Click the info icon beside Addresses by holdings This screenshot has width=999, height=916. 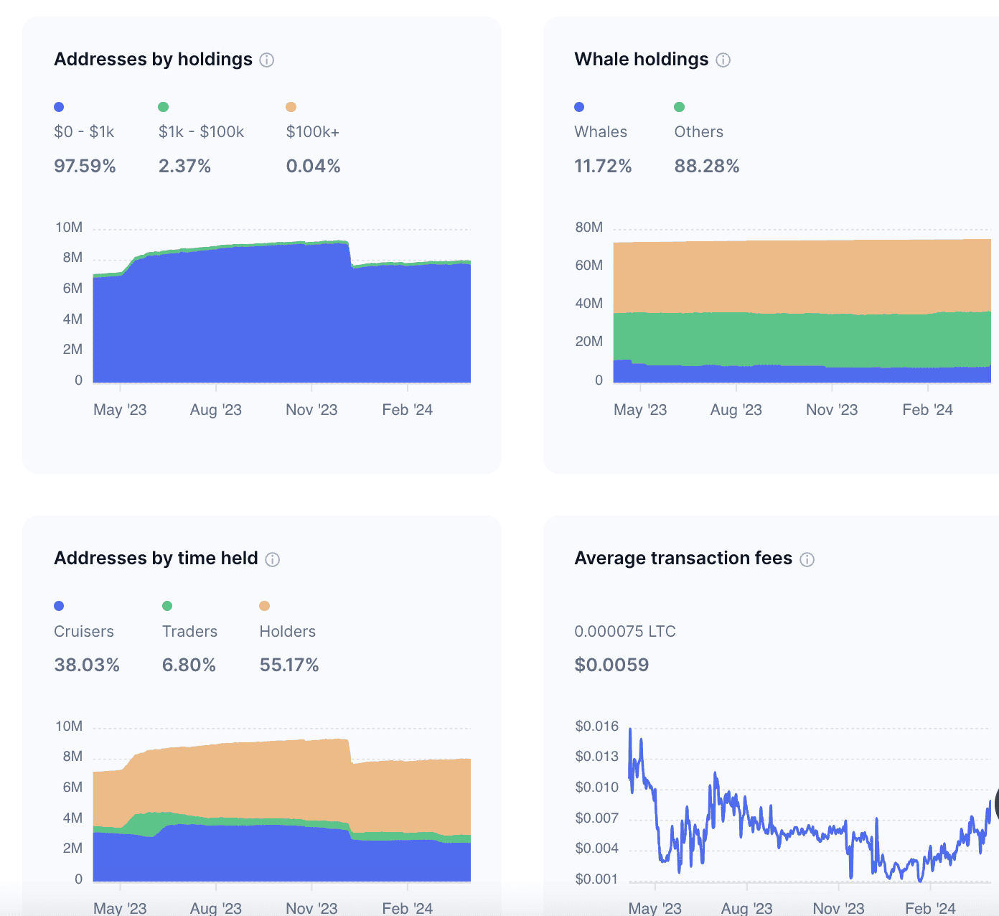point(267,60)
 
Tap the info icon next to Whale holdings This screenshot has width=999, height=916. point(723,60)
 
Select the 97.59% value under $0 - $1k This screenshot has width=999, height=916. point(85,167)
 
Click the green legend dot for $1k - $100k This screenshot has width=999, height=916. point(164,107)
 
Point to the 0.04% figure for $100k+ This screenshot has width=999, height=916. point(313,167)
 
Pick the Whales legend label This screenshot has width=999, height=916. point(601,132)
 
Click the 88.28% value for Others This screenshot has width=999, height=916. point(706,167)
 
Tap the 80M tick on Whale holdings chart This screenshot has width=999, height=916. point(588,228)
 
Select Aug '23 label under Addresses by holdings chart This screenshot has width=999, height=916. point(215,410)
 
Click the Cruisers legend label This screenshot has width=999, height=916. point(84,632)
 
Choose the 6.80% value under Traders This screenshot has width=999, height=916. point(189,665)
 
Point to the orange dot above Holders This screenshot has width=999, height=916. point(265,606)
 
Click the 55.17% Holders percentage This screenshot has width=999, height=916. point(289,665)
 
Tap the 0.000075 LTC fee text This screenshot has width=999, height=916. point(625,632)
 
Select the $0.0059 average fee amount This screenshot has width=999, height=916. point(611,665)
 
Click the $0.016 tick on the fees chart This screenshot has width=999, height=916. point(596,726)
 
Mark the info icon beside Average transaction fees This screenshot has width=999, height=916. point(807,560)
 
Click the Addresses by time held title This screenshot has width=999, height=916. point(156,559)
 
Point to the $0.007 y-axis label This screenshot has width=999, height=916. point(596,818)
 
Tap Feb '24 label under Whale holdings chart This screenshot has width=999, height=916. point(927,410)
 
